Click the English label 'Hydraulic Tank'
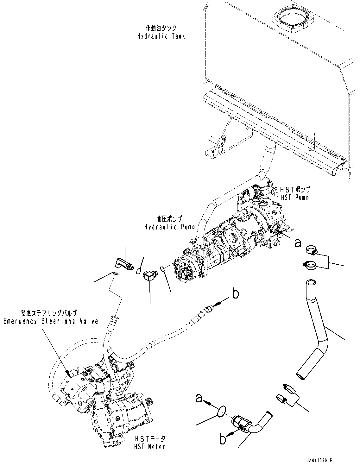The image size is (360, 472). tap(161, 36)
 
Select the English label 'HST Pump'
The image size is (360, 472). tap(295, 197)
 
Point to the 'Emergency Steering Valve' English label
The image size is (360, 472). tap(51, 321)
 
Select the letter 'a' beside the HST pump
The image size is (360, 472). tap(297, 243)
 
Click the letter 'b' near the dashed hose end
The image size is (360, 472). tap(235, 294)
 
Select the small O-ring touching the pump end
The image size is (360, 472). tap(162, 269)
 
